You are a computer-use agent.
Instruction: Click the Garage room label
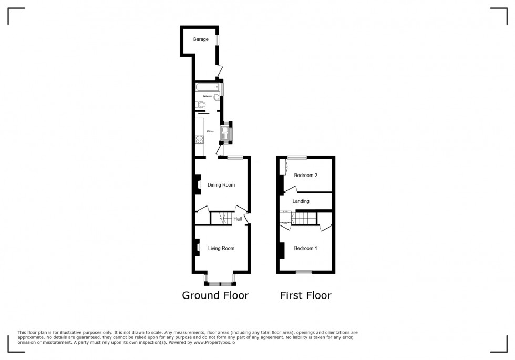(200, 39)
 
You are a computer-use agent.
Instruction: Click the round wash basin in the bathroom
(217, 97)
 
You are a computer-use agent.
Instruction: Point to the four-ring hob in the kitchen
(200, 140)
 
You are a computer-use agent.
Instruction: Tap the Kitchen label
(210, 131)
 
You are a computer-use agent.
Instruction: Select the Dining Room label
(221, 185)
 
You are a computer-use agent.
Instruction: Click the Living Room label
(221, 248)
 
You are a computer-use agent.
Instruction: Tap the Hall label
(238, 219)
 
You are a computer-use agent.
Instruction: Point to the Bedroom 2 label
(305, 176)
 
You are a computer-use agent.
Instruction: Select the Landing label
(301, 201)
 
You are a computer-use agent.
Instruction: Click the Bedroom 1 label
(305, 248)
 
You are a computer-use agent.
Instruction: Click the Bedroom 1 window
(303, 272)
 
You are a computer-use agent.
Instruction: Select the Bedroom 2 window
(297, 157)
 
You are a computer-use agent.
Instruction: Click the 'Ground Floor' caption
(215, 295)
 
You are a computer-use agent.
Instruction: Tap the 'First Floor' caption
(305, 295)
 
